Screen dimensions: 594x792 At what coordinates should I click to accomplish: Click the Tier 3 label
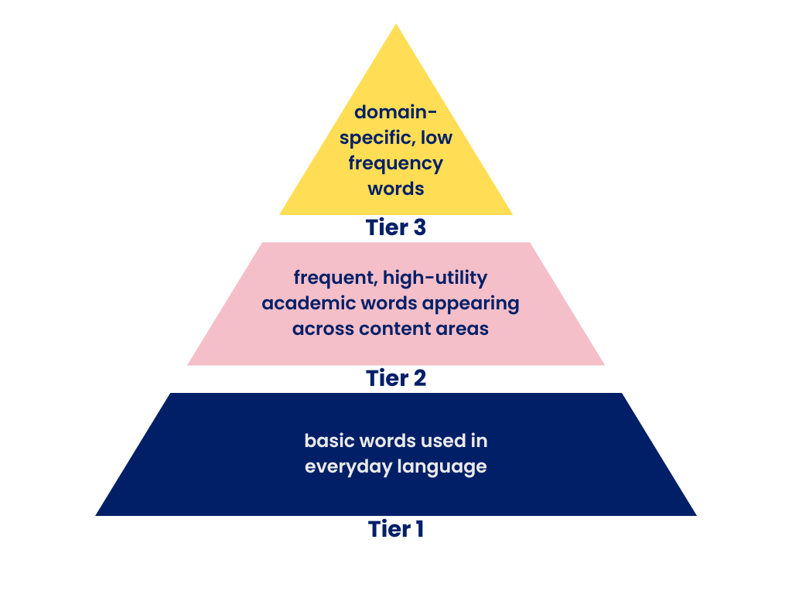coord(395,228)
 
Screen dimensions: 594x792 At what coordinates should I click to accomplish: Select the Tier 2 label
coord(395,378)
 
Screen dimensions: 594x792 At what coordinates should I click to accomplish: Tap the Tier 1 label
coord(395,529)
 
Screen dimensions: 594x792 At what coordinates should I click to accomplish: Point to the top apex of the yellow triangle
coord(396,26)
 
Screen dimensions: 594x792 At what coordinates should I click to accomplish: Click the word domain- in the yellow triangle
coord(395,112)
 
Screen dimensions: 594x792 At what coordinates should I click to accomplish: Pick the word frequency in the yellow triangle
coord(395,165)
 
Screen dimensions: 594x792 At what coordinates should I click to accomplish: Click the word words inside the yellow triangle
coord(395,189)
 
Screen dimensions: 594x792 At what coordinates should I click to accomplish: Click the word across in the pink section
coord(323,328)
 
